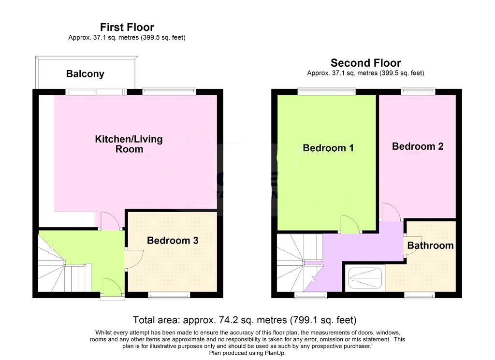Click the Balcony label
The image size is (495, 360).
[85, 74]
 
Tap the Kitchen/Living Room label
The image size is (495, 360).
[129, 144]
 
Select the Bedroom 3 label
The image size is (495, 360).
[173, 241]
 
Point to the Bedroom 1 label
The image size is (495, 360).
[328, 148]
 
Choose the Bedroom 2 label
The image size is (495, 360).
[418, 146]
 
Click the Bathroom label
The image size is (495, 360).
[430, 245]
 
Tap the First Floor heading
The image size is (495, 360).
[127, 27]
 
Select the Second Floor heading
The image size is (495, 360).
[365, 63]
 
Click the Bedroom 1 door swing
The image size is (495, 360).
[350, 224]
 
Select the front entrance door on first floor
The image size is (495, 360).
[112, 287]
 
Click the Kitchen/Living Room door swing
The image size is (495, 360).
[110, 220]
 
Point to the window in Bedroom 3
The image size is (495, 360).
[169, 295]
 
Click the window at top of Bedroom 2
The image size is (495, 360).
[418, 91]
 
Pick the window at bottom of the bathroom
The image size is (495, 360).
[420, 295]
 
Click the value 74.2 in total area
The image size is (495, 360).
[229, 320]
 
